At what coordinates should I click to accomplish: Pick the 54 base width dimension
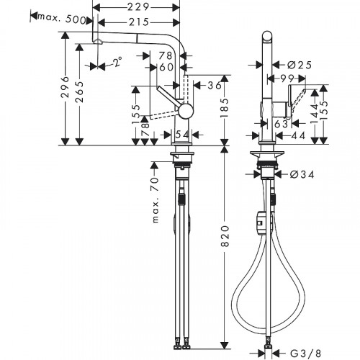tap(181, 135)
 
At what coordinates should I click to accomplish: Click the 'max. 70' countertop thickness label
tap(153, 201)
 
